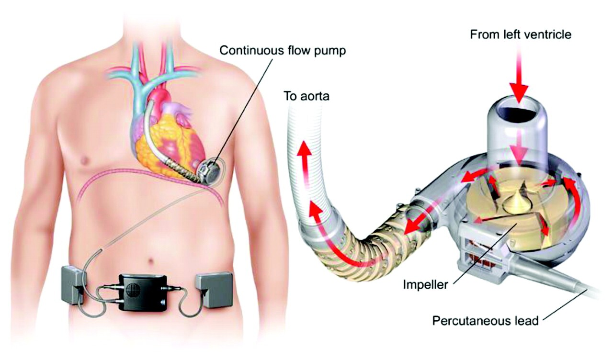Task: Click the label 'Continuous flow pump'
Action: tap(283, 51)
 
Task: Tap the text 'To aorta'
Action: tap(306, 96)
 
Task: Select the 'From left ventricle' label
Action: tap(521, 35)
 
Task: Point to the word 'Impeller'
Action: tap(425, 285)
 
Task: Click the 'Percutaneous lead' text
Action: tap(485, 321)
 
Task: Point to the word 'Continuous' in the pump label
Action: tap(248, 51)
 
